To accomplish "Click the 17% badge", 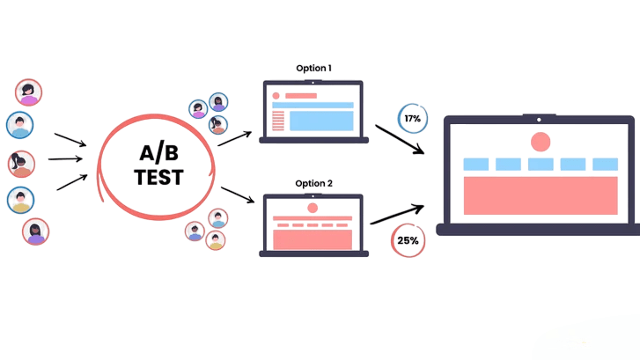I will click(x=412, y=118).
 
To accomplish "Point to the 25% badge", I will click(x=407, y=239).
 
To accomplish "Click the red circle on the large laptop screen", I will click(x=541, y=142).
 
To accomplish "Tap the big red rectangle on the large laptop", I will click(x=540, y=195).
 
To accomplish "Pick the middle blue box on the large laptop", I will click(x=541, y=164).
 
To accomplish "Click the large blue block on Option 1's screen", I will click(x=320, y=121).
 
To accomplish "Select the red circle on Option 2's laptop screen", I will click(x=313, y=208).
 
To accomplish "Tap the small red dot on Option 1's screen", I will click(x=276, y=95).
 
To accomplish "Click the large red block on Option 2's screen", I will click(x=313, y=239).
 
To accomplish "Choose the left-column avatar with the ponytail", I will click(x=21, y=164).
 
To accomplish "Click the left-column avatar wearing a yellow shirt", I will click(x=21, y=201).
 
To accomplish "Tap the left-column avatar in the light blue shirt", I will click(x=20, y=126).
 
